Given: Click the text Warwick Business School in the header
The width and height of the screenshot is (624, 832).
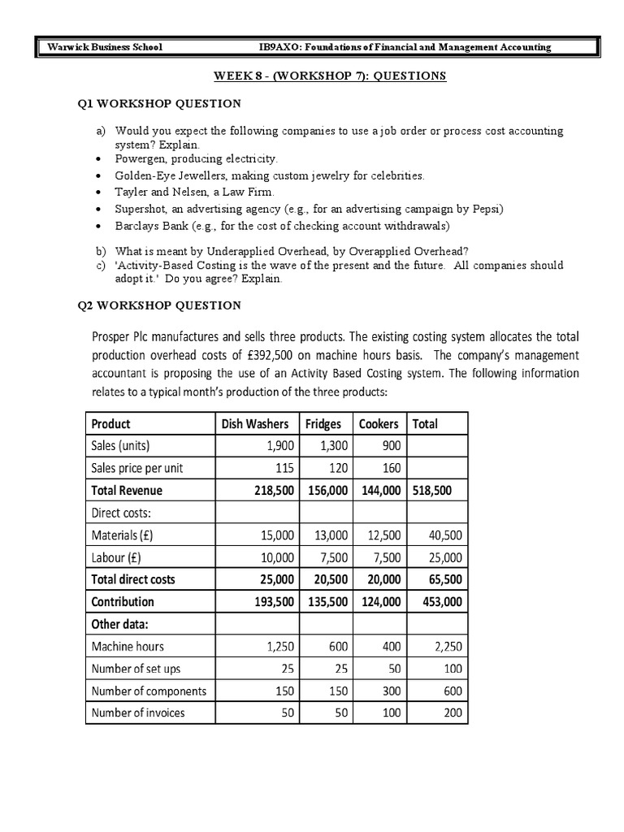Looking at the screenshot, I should coord(105,47).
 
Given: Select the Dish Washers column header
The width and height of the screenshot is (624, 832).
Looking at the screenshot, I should coord(257,424).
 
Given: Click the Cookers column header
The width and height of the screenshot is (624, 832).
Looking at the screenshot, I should coord(379,424).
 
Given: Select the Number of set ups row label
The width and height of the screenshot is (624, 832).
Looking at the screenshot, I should coord(136,669).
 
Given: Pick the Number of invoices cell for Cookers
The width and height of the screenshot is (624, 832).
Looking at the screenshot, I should coord(388,713).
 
